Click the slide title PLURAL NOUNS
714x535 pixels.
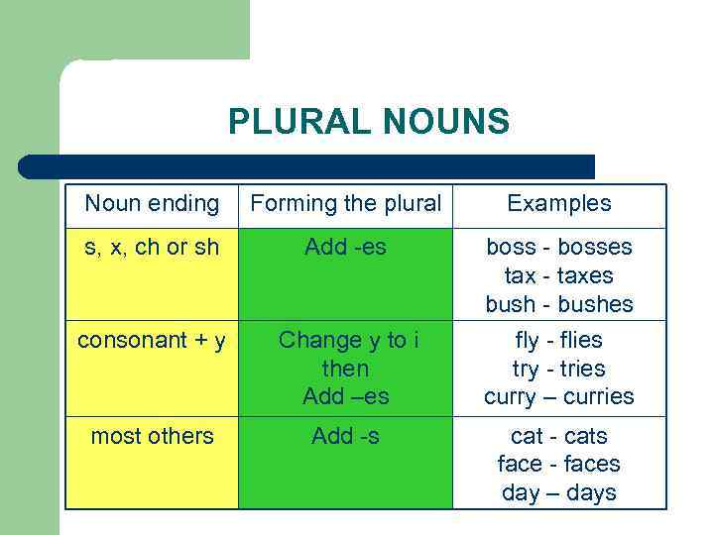pos(368,122)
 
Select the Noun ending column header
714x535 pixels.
pos(152,204)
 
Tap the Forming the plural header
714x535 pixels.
pos(345,204)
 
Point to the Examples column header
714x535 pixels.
pos(559,204)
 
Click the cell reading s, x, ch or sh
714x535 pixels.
pos(152,247)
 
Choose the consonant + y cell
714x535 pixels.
pos(152,340)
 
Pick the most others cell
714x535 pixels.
pos(152,436)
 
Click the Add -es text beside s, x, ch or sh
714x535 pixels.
pos(345,247)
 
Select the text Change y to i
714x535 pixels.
pos(348,340)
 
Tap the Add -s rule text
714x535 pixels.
pos(345,436)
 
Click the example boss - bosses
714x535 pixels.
pos(559,247)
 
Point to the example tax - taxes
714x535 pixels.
pos(559,275)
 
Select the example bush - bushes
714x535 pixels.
pos(559,304)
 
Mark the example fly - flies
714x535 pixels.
pos(559,340)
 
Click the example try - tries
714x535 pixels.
pos(559,369)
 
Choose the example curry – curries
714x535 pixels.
pos(559,397)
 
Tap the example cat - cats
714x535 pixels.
pos(559,436)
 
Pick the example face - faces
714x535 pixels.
pos(559,464)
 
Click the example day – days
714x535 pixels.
pos(559,492)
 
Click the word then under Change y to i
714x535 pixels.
pos(345,369)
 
